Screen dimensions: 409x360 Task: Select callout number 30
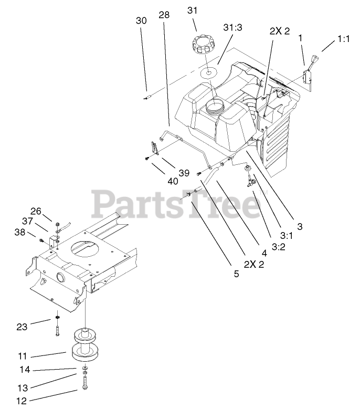(141, 21)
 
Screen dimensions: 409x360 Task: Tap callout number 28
(164, 16)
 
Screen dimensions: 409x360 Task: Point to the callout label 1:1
(343, 38)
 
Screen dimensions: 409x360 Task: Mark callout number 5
(236, 273)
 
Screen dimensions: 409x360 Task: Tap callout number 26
(35, 211)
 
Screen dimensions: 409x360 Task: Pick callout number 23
(22, 326)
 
